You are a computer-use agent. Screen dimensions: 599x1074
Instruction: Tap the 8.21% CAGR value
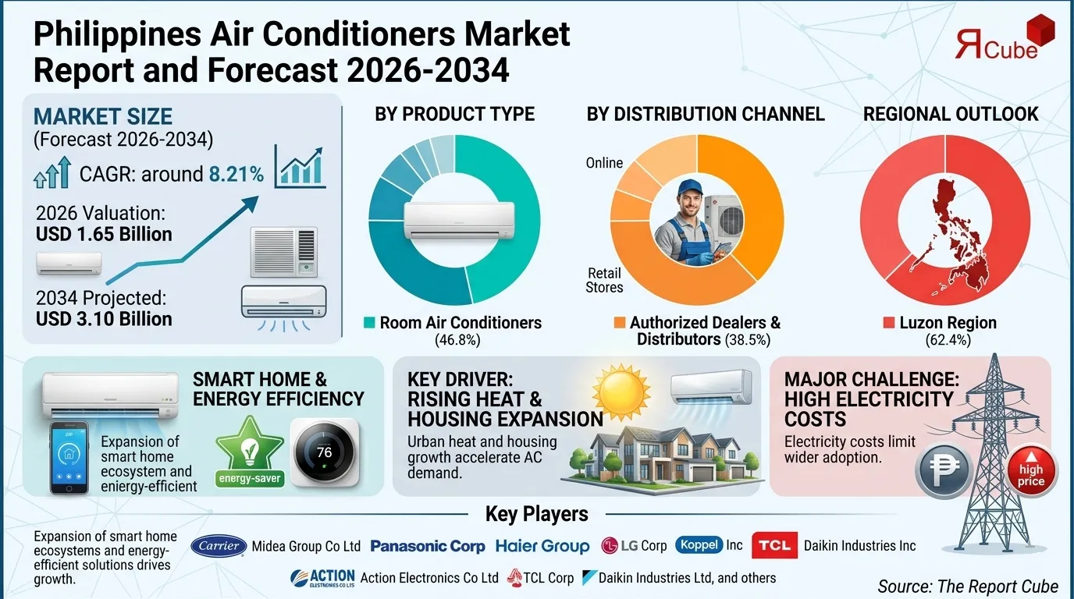(x=236, y=174)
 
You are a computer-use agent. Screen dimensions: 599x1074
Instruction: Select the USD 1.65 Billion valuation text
(x=104, y=234)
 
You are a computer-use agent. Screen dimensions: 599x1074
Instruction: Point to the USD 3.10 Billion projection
(x=104, y=318)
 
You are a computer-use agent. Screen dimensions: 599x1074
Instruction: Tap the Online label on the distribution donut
(x=604, y=163)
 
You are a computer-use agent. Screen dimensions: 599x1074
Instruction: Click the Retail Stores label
(x=604, y=280)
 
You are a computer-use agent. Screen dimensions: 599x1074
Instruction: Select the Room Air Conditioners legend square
(x=369, y=323)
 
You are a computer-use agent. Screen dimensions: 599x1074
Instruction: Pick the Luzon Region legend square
(x=888, y=323)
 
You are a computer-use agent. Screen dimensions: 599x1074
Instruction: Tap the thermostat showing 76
(x=325, y=453)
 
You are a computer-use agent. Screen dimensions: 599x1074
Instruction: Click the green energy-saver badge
(x=250, y=452)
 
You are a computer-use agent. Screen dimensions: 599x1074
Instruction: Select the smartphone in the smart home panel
(x=69, y=458)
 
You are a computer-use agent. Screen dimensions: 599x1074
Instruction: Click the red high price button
(x=1030, y=471)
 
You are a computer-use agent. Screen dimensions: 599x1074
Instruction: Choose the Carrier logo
(x=219, y=546)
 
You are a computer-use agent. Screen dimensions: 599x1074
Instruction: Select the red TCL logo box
(x=774, y=546)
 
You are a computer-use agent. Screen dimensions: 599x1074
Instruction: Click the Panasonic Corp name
(x=427, y=547)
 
